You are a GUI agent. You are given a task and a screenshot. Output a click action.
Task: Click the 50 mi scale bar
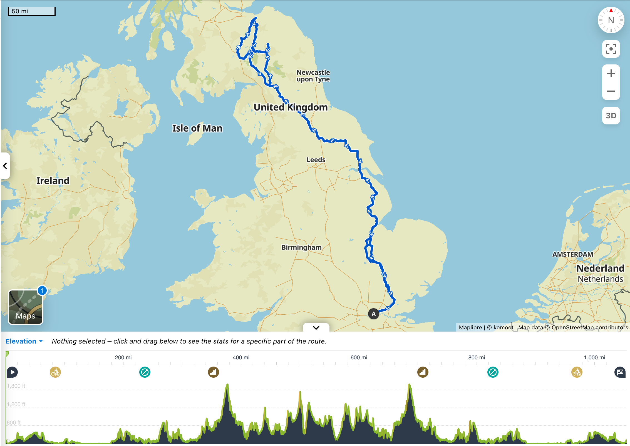[31, 11]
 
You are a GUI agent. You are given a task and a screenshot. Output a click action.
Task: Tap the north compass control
[611, 20]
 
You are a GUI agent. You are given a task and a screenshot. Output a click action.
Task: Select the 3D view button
[611, 116]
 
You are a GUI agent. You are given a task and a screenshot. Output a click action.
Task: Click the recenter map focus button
[611, 49]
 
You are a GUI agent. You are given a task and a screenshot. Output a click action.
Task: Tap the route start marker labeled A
[373, 314]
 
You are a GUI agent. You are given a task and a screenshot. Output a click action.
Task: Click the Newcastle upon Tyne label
[313, 76]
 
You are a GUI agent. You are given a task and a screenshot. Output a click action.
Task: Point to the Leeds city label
[316, 160]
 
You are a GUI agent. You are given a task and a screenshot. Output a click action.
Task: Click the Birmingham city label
[301, 247]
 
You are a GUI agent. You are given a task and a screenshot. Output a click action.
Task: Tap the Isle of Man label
[197, 128]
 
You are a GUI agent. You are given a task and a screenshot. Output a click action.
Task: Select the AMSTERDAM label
[572, 254]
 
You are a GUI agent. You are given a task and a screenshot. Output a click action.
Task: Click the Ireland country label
[53, 181]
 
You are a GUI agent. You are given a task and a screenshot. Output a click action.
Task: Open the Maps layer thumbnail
[26, 307]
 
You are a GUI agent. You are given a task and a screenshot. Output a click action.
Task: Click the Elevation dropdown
[24, 341]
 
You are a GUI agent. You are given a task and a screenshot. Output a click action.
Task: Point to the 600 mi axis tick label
[359, 357]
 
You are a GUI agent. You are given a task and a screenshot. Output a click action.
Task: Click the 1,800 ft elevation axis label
[16, 386]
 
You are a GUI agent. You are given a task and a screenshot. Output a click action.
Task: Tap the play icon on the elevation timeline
[12, 372]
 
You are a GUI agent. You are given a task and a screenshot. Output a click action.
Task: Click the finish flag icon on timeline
[620, 372]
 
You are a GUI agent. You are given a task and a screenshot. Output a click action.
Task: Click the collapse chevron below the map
[316, 327]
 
